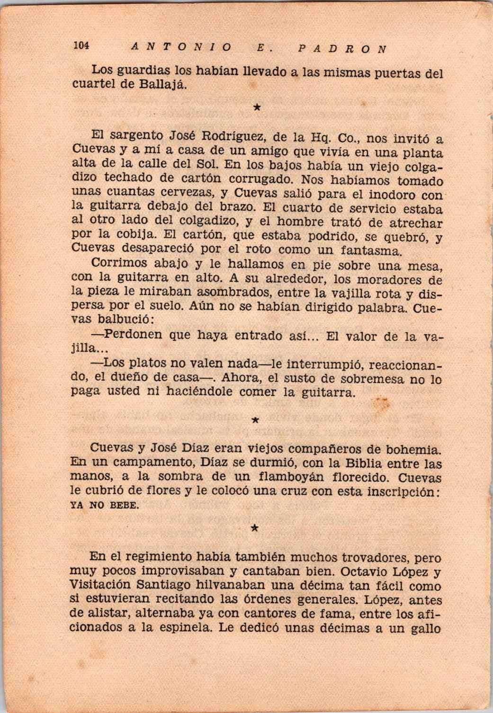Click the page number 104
[81, 46]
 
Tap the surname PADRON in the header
[342, 48]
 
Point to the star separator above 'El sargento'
[256, 107]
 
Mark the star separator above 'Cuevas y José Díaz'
[255, 420]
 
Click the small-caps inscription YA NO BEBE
[105, 505]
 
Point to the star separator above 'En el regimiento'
[254, 528]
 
